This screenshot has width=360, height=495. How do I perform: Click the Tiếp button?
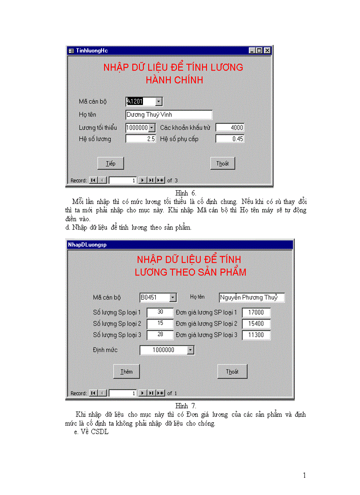(x=110, y=163)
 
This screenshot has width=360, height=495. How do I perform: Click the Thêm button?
(x=127, y=372)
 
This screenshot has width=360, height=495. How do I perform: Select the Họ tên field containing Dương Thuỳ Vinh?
(x=169, y=115)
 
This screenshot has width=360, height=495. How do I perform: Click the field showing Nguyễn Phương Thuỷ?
(x=251, y=298)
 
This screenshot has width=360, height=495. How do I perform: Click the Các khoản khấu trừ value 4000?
(x=229, y=127)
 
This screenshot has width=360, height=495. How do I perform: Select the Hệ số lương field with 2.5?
(x=141, y=139)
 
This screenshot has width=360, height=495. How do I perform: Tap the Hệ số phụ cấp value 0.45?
(x=229, y=139)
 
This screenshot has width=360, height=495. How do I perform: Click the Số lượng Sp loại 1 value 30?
(x=160, y=312)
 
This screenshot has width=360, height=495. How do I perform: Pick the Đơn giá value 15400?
(x=256, y=324)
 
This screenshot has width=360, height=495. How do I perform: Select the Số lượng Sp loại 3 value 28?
(x=160, y=335)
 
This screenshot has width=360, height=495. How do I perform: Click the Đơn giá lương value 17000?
(x=256, y=312)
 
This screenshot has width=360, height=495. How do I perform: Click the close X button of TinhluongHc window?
(x=267, y=51)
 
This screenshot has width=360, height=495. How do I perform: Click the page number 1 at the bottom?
(x=304, y=475)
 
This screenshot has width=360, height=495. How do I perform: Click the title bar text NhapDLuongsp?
(x=87, y=244)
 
